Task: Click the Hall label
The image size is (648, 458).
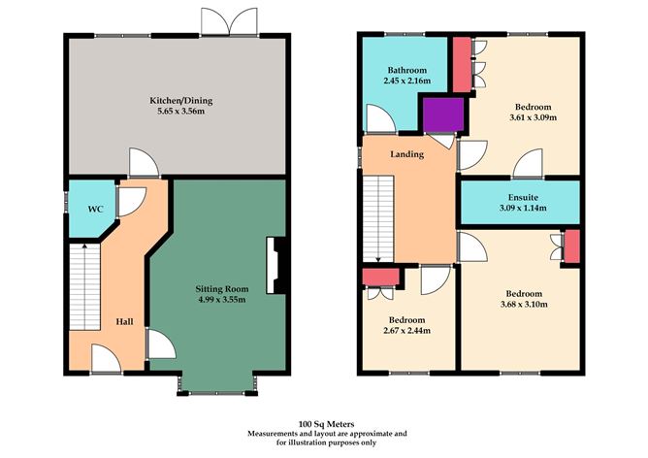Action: (125, 321)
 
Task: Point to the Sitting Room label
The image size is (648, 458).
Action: (223, 288)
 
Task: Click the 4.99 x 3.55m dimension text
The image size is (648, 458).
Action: (223, 300)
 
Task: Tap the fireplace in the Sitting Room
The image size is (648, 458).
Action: (277, 265)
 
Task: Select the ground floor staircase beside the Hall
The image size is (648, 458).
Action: (84, 285)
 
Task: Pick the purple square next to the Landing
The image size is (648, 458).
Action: (439, 115)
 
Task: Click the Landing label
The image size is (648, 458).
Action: (405, 153)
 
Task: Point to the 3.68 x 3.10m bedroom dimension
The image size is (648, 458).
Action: (523, 305)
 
